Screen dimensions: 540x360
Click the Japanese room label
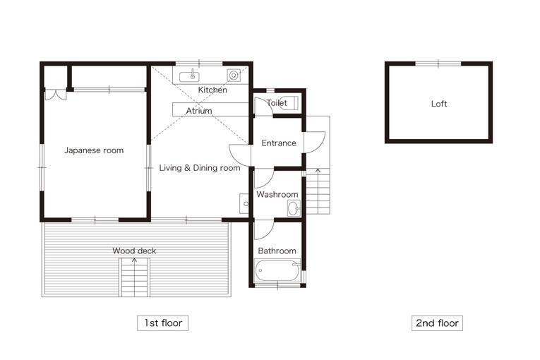tap(94, 150)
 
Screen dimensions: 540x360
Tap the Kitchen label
tap(212, 90)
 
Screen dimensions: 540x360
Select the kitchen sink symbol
tap(189, 76)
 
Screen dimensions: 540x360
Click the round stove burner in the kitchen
tap(234, 75)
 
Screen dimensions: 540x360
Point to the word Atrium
tap(199, 111)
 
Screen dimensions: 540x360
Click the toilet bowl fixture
tap(289, 103)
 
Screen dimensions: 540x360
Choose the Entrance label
tap(279, 143)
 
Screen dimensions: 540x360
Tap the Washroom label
tap(277, 195)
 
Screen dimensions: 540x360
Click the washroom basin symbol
tap(294, 208)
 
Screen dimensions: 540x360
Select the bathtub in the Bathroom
tap(277, 270)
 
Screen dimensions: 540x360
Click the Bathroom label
tap(277, 251)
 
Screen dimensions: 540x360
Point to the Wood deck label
tap(134, 251)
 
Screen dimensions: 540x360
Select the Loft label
tap(439, 104)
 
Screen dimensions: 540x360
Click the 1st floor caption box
tap(163, 323)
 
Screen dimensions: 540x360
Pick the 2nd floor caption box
tap(438, 323)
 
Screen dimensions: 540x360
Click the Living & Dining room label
tap(200, 168)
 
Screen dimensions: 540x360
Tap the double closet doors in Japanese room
tap(56, 95)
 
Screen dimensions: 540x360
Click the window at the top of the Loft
tap(438, 64)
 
